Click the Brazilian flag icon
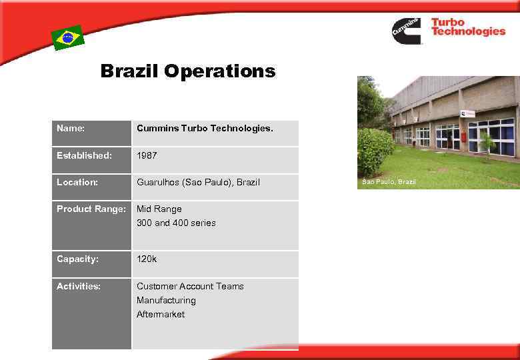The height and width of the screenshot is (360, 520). (x=68, y=38)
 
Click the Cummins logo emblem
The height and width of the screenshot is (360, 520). (x=407, y=31)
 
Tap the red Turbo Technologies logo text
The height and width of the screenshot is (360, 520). (x=468, y=27)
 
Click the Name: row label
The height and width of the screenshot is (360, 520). (x=71, y=127)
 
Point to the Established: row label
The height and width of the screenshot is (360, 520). (x=84, y=155)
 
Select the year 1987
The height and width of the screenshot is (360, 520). (x=147, y=155)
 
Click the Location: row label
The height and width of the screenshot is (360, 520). (x=77, y=182)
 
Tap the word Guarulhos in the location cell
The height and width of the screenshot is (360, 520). (x=158, y=182)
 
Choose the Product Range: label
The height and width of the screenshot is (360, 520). (x=91, y=209)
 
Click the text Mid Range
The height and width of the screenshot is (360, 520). (x=159, y=209)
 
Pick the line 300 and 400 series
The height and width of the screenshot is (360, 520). (x=176, y=223)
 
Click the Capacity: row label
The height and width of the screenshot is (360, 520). (x=77, y=259)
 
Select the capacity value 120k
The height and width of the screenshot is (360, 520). (x=147, y=259)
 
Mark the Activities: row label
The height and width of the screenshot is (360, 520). (x=79, y=286)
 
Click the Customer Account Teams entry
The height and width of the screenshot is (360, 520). (x=190, y=286)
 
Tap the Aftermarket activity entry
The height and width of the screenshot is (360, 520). (x=161, y=314)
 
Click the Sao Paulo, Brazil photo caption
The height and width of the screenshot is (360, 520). (x=389, y=182)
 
